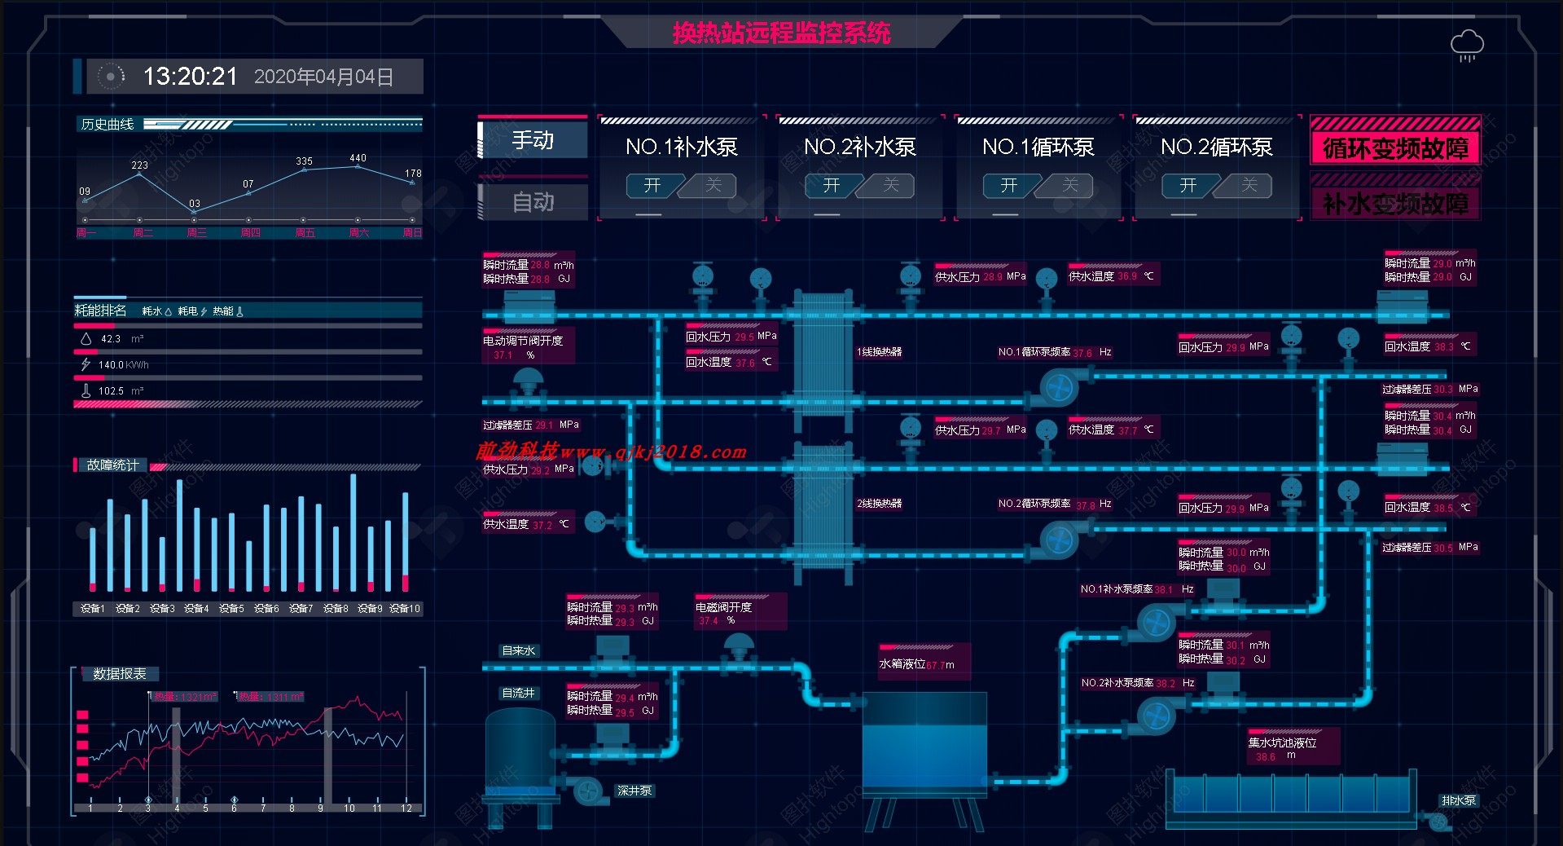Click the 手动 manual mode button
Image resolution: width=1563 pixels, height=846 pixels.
point(533,140)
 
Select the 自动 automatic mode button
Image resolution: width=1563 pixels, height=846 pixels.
point(533,201)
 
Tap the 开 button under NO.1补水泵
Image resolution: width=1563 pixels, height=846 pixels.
point(652,186)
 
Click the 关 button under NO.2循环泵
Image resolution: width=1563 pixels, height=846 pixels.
point(1249,186)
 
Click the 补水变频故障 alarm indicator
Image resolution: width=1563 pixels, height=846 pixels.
point(1395,204)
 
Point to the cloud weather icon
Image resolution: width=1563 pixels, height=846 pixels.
point(1467,45)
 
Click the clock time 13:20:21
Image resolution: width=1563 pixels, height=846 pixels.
point(191,77)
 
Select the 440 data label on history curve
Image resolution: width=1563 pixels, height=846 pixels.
point(358,158)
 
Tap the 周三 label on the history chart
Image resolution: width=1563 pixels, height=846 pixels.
point(196,233)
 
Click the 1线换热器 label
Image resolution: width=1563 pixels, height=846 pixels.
point(879,352)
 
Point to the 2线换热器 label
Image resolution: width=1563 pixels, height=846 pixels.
point(879,504)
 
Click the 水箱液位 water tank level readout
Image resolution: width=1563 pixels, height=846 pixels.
point(916,664)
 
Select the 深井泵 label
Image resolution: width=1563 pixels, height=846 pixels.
point(634,791)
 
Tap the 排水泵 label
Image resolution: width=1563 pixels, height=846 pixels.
point(1458,800)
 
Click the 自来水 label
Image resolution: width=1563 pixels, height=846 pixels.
point(519,650)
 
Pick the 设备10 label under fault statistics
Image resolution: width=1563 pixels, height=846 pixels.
point(405,609)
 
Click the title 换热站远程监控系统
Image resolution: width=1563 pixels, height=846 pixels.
point(781,33)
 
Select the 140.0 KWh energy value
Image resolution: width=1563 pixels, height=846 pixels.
point(123,365)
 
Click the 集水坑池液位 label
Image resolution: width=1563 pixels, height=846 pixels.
point(1282,742)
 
